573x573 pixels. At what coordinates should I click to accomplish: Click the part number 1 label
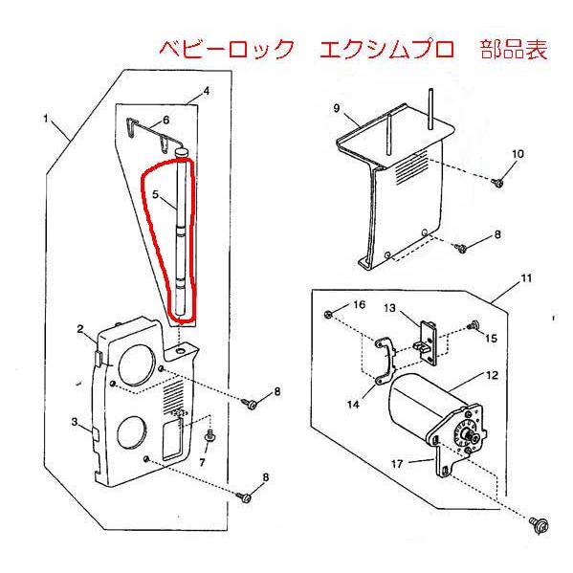click(x=45, y=119)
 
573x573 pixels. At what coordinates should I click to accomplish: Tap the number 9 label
click(x=338, y=109)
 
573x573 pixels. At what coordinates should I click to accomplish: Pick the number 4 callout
click(x=205, y=93)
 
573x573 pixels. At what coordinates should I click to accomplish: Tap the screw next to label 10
click(x=498, y=181)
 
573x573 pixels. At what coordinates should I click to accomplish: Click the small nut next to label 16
click(x=329, y=314)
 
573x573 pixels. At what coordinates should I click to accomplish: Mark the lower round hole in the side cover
click(x=132, y=436)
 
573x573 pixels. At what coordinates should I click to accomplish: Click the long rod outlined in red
click(x=180, y=239)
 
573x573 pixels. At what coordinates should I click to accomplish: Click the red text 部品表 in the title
click(x=516, y=51)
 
